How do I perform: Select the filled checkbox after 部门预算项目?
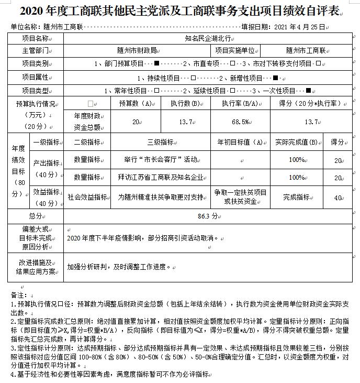tap(156, 63)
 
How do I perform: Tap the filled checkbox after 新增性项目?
tap(275, 78)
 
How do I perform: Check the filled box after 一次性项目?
tap(308, 91)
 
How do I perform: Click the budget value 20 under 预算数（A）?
tap(136, 122)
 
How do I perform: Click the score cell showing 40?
tap(338, 198)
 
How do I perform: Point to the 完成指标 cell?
tap(296, 198)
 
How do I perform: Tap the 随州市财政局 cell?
tap(137, 50)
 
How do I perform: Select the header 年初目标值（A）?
tap(240, 141)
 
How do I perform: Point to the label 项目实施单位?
tap(235, 50)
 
